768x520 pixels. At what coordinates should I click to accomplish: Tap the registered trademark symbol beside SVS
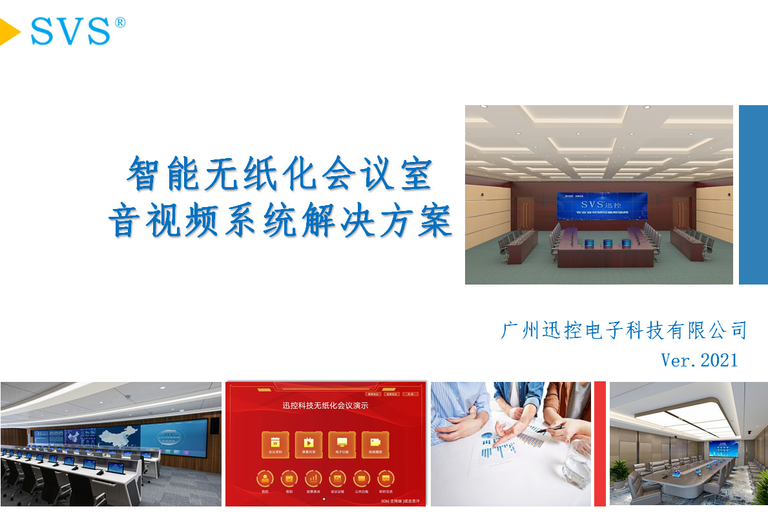pyautogui.click(x=119, y=23)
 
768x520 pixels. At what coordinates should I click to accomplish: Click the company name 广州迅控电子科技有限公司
pyautogui.click(x=623, y=330)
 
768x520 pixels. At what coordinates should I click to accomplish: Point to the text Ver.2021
pyautogui.click(x=699, y=359)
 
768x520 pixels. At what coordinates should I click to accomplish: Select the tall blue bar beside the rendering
pyautogui.click(x=752, y=194)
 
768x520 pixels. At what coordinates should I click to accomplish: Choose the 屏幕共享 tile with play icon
pyautogui.click(x=309, y=445)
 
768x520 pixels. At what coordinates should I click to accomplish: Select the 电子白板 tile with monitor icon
pyautogui.click(x=342, y=445)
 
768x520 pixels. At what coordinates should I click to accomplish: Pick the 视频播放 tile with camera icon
pyautogui.click(x=375, y=445)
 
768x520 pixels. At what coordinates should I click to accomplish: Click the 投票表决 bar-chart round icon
pyautogui.click(x=313, y=479)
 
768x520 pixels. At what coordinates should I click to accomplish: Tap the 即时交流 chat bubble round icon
pyautogui.click(x=386, y=479)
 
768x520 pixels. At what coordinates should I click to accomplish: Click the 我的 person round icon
pyautogui.click(x=265, y=479)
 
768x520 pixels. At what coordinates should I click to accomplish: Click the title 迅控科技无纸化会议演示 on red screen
pyautogui.click(x=326, y=406)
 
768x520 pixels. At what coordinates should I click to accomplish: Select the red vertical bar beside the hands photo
pyautogui.click(x=599, y=443)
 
